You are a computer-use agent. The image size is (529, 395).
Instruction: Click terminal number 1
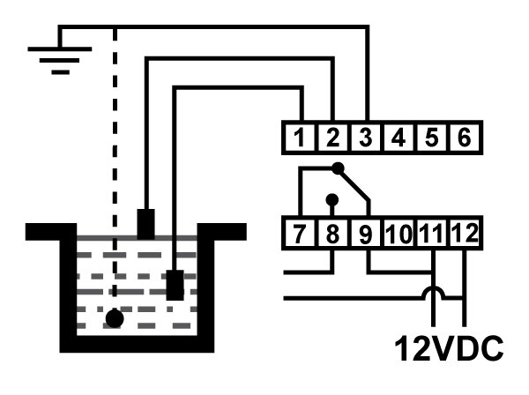coord(299,138)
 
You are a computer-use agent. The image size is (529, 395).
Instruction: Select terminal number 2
coord(332,138)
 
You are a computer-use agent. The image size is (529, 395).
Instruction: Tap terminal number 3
coord(366,138)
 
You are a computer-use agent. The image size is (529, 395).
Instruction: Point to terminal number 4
coord(399,138)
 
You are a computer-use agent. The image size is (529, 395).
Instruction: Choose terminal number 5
coord(431,138)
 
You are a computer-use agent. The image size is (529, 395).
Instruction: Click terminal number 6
coord(465,138)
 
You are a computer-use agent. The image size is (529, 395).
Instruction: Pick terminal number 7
coord(299,233)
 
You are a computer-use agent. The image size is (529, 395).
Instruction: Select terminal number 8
coord(332,233)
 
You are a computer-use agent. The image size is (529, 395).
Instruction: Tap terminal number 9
coord(366,233)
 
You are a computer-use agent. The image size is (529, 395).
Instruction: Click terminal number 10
coord(399,233)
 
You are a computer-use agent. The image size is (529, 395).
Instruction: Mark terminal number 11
coord(431,233)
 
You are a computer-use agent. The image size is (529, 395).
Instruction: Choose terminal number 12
coord(465,233)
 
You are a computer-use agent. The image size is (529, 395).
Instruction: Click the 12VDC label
coord(449,348)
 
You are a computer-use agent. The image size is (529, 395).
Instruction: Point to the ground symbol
coord(60,60)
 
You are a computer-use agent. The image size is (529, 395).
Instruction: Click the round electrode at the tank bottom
coord(115,318)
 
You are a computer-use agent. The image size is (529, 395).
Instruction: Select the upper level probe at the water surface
coord(145,224)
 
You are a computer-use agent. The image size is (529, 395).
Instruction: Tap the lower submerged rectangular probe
coord(175,285)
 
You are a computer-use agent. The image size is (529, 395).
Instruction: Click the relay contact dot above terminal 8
coord(332,199)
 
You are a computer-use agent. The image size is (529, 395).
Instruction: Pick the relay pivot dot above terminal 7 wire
coord(338,168)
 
